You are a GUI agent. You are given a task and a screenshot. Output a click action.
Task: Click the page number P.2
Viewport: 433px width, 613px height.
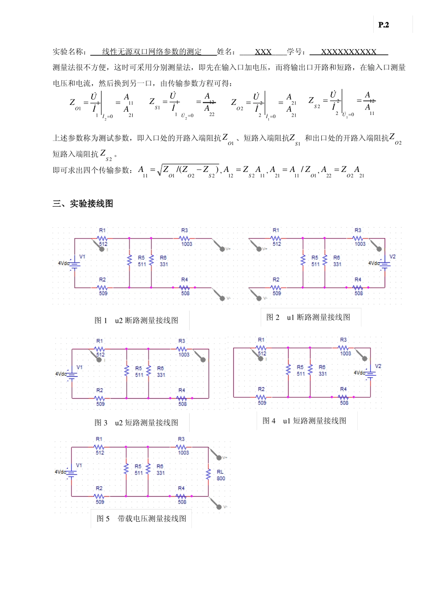tap(383, 25)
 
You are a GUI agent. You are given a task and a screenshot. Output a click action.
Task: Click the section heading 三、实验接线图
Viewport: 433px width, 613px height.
tap(82, 204)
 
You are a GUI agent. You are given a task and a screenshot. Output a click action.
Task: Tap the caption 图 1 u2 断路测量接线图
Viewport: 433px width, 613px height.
tap(136, 321)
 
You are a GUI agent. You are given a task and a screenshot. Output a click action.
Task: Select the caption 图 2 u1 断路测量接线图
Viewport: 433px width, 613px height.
tap(308, 317)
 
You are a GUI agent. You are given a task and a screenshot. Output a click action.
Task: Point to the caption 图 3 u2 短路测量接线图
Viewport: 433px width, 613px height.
tap(136, 423)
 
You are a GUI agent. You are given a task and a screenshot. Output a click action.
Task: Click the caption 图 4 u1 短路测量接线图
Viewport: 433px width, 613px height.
tap(304, 421)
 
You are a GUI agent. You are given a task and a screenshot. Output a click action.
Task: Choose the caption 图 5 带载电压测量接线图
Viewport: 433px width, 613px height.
tap(141, 519)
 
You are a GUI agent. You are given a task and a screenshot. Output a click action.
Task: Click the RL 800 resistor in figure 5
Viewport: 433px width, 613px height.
tap(209, 475)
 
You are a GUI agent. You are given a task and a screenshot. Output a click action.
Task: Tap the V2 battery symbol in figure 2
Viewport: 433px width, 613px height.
tap(385, 263)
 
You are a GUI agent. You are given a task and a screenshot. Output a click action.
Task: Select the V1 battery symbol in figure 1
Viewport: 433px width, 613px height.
tap(74, 264)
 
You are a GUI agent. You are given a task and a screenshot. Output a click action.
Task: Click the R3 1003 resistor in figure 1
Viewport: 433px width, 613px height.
tap(185, 238)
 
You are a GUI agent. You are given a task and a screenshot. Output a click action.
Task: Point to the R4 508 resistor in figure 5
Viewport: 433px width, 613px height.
tap(181, 496)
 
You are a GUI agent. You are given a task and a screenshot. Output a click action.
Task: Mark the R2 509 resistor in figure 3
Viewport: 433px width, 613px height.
tap(100, 398)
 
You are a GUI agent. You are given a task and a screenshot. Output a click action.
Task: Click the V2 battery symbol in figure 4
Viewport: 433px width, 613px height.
tap(370, 373)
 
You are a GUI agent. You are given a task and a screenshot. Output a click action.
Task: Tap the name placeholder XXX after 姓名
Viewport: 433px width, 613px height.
tap(263, 52)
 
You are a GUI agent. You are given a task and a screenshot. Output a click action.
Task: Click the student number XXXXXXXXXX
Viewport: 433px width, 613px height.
tap(349, 52)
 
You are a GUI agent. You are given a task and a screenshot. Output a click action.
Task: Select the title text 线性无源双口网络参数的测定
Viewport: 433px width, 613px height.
tap(152, 52)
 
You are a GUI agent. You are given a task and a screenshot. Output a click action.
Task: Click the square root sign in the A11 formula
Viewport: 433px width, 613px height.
tap(160, 170)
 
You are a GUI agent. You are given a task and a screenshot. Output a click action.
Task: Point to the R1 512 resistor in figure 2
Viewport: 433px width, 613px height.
tap(276, 238)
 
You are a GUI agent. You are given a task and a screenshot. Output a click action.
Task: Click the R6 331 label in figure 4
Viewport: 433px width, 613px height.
tap(322, 370)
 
